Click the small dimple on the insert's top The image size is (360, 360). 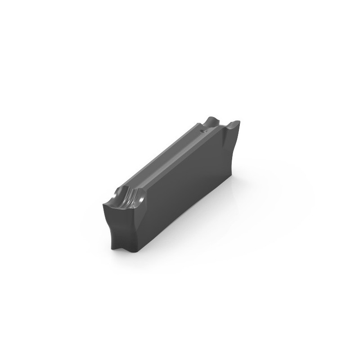tap(203, 131)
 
